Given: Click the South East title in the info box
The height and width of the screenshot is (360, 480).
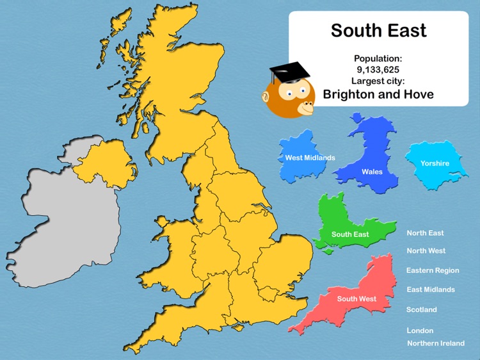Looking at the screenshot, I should tap(378, 30).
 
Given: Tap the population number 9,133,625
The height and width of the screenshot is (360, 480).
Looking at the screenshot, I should tap(378, 69).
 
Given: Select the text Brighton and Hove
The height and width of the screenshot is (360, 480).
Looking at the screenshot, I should tap(378, 94).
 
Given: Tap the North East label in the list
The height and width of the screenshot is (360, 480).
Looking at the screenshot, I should tap(425, 233).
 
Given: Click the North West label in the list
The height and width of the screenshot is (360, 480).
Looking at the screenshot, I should tap(426, 251).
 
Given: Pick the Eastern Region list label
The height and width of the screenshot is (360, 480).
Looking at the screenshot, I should tap(433, 270).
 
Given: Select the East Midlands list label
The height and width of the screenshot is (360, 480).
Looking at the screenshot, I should tap(431, 290).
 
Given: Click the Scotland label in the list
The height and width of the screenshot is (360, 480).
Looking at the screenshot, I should tap(421, 309).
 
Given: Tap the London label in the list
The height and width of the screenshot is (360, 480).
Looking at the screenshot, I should tap(420, 331).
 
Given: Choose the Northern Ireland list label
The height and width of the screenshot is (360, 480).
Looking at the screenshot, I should tap(435, 343).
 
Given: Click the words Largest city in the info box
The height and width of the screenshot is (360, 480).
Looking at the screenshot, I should tap(378, 81).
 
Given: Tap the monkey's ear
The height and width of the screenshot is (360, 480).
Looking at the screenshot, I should tap(266, 97).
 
